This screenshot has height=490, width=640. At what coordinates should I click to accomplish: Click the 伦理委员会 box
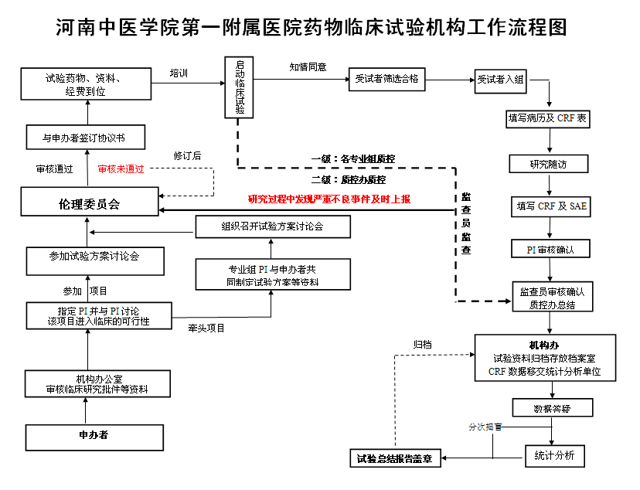click(x=90, y=204)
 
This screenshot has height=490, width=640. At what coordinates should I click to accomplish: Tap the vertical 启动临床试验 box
click(x=240, y=87)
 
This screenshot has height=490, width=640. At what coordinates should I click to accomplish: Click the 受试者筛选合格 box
click(x=387, y=79)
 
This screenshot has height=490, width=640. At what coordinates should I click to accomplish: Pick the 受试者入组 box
click(x=500, y=79)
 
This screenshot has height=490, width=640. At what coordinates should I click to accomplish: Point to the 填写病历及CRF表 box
click(x=547, y=120)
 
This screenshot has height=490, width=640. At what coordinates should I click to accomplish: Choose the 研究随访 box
click(x=549, y=164)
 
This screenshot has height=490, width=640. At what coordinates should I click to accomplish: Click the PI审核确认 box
click(x=549, y=250)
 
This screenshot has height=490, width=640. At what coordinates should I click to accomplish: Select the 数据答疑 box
click(x=552, y=407)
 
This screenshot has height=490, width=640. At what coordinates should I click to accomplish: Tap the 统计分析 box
click(x=554, y=455)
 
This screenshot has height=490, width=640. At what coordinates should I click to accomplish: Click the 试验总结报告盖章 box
click(x=394, y=458)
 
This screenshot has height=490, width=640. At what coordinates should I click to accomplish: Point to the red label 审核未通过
click(x=121, y=168)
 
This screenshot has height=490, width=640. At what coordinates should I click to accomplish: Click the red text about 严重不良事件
click(x=329, y=199)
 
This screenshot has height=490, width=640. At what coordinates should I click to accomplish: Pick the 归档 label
click(x=422, y=345)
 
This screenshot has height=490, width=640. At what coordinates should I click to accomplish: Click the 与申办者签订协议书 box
click(x=84, y=138)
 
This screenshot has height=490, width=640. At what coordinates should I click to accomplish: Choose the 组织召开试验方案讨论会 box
click(x=272, y=226)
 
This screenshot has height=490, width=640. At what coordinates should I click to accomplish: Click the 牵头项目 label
click(x=206, y=328)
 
